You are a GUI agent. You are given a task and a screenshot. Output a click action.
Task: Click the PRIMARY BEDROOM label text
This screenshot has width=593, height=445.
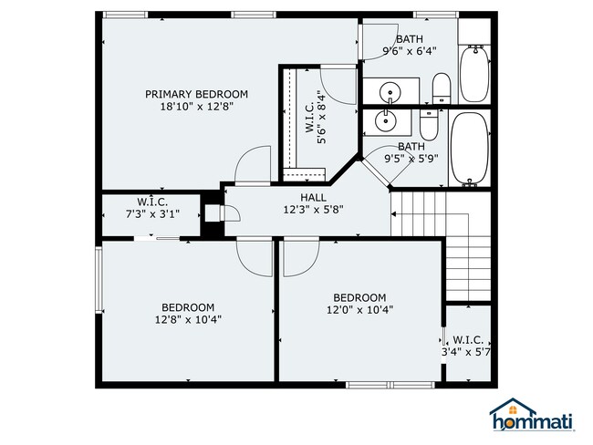coord(196,94)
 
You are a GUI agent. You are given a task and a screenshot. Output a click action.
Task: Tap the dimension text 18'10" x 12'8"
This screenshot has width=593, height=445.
coord(196,107)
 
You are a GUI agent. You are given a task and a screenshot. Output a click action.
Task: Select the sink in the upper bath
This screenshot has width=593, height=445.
coord(390,91)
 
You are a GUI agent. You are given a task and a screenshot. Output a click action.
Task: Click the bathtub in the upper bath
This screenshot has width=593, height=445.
coord(473,73)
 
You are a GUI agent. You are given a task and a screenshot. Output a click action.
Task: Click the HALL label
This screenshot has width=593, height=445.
coord(313,197)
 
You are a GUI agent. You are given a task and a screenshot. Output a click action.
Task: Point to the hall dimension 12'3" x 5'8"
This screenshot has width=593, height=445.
coord(313,210)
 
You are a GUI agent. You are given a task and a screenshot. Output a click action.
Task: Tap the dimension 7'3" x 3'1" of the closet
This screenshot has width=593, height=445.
coord(151,214)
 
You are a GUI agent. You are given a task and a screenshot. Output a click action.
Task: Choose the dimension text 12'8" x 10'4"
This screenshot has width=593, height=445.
coord(188,319)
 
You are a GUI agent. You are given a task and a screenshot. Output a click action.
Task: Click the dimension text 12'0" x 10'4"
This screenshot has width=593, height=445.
coord(359,310)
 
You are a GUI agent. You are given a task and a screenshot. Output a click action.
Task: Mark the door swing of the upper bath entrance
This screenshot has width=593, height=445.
coord(376,41)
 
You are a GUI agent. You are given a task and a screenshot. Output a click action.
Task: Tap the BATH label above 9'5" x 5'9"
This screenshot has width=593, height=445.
coord(411,146)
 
